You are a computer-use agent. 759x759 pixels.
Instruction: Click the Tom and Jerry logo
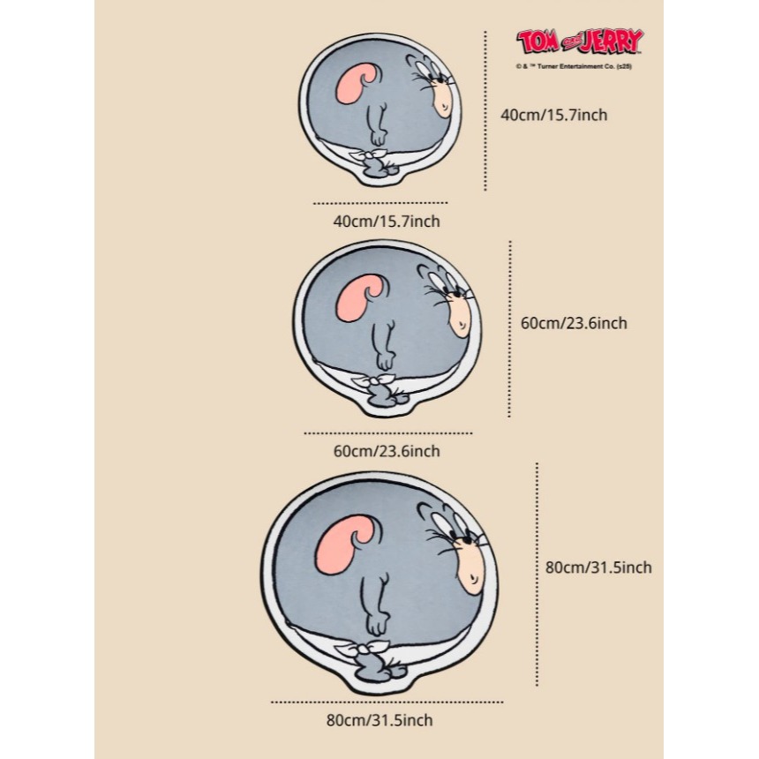click(580, 42)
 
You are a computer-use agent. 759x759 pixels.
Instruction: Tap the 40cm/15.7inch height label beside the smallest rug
click(554, 115)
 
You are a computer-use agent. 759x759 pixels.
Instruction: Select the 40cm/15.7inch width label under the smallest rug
click(386, 221)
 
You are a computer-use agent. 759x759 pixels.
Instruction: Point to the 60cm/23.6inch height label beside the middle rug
click(574, 323)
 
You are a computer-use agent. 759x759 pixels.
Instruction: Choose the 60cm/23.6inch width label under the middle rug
click(386, 452)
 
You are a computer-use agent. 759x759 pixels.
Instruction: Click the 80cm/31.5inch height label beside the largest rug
click(598, 567)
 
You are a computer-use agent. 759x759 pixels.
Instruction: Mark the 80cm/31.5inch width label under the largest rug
click(379, 720)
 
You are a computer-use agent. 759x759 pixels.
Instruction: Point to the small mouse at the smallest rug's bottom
click(376, 164)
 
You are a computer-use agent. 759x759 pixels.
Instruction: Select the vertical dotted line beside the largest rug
click(537, 574)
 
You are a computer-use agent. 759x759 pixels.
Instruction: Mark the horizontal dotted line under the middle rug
click(388, 433)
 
